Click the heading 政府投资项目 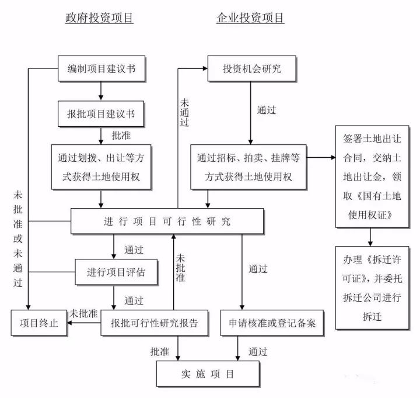[99, 18]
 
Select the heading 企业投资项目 [250, 18]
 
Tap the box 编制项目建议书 [101, 69]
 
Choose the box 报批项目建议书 [101, 113]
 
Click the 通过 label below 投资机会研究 [266, 109]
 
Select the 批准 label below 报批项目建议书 [121, 134]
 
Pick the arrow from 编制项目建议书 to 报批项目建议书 [101, 91]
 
